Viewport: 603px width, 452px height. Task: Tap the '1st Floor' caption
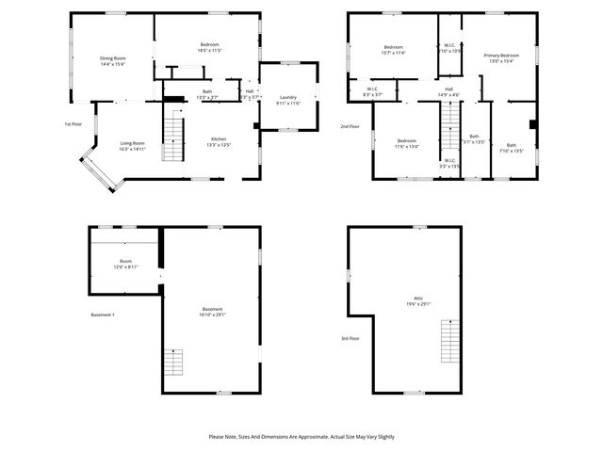73,124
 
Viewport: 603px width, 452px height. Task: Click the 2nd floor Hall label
448,91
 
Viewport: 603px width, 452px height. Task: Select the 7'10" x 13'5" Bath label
512,148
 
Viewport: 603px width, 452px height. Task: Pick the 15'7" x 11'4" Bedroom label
393,51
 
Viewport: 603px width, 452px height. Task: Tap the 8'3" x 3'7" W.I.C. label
372,92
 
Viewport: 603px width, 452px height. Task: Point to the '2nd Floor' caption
350,125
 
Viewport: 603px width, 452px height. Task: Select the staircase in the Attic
450,340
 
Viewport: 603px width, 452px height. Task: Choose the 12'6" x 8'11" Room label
125,265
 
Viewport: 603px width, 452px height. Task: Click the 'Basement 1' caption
103,315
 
